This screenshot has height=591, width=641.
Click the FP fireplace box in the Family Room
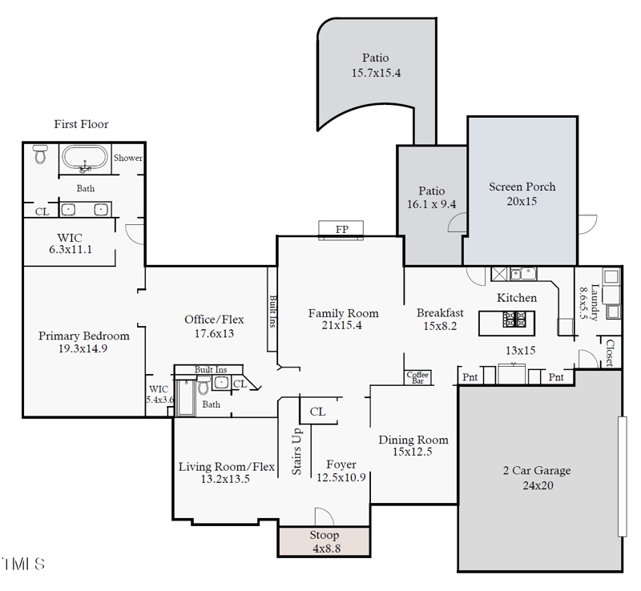[x=342, y=230]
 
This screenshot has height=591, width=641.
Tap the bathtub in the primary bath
[x=84, y=159]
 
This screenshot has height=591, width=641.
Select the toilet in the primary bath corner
[x=40, y=155]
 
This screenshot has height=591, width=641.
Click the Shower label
[x=127, y=158]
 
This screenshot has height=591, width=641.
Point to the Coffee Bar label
[x=417, y=377]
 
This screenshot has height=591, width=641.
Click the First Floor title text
[x=81, y=124]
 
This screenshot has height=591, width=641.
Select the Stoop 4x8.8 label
[x=325, y=535]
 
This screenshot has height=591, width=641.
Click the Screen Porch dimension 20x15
[x=522, y=201]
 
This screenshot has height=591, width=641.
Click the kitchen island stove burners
[x=513, y=321]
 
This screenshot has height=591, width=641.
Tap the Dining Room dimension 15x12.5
[x=413, y=452]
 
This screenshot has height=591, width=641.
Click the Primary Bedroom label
[x=84, y=336]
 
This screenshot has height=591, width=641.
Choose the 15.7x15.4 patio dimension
[x=375, y=73]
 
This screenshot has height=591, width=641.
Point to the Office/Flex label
[x=214, y=320]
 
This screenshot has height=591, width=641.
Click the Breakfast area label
[x=440, y=312]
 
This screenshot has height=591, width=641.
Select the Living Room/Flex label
[x=227, y=467]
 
